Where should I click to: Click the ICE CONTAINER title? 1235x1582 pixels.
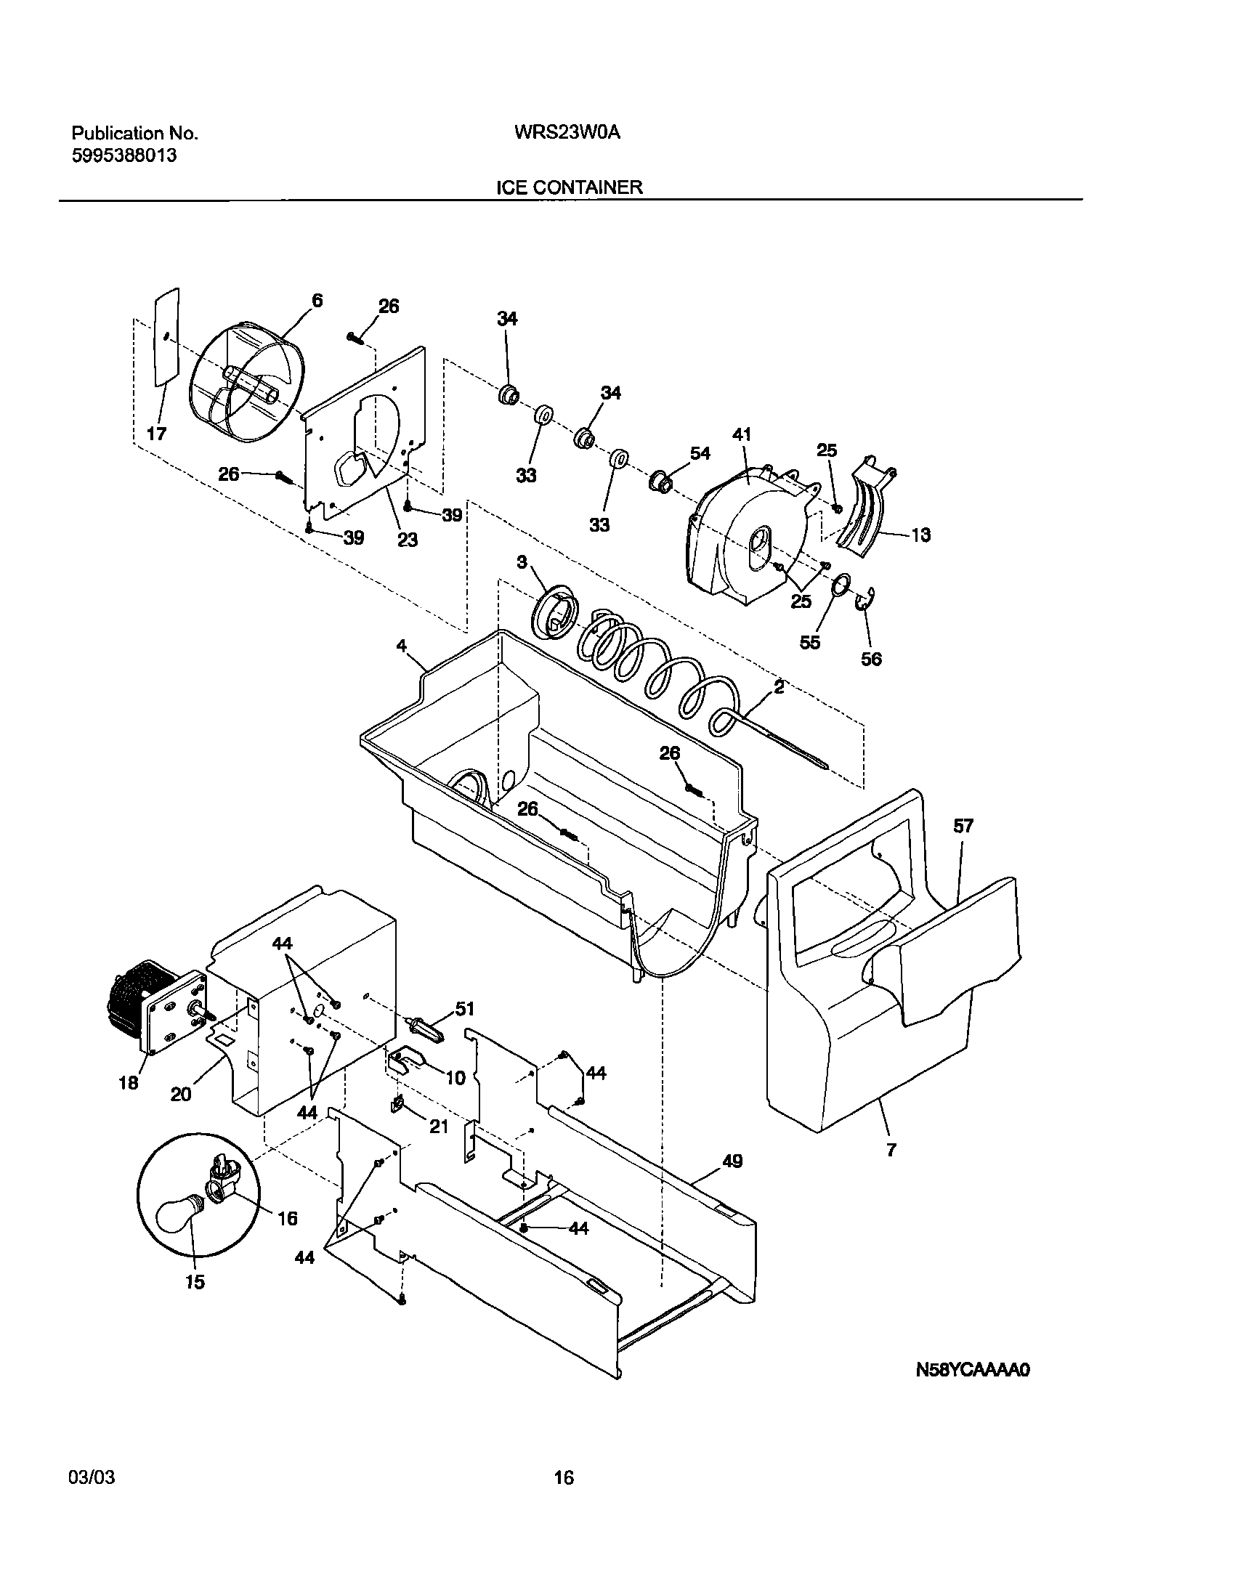[569, 187]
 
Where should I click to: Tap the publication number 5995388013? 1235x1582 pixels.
[123, 155]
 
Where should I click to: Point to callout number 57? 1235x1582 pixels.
[963, 826]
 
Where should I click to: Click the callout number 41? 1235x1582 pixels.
[742, 435]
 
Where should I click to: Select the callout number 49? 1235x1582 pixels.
[732, 1161]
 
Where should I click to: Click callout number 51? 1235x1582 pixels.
[464, 1008]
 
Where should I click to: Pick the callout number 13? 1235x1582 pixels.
[920, 535]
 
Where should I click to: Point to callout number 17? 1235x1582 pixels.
[157, 434]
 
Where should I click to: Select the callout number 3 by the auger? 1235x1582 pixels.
[522, 561]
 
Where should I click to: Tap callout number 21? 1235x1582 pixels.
[438, 1127]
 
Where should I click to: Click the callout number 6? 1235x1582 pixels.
[317, 300]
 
